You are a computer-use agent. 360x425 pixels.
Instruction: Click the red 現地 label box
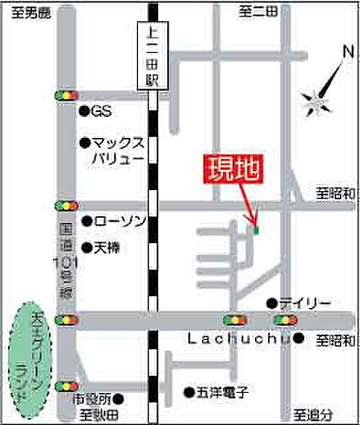click(232, 169)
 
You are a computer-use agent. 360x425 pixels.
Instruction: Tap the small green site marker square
click(256, 229)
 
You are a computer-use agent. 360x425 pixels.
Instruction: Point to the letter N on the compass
click(347, 52)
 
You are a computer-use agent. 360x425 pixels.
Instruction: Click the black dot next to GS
click(84, 111)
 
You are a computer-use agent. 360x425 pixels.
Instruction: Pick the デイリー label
click(304, 303)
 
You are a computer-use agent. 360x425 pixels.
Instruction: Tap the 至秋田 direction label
click(97, 414)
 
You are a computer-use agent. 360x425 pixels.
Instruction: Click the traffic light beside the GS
click(64, 96)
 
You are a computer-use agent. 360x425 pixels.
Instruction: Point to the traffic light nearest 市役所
click(64, 386)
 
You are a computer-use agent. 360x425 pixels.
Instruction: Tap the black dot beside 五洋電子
click(189, 391)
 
